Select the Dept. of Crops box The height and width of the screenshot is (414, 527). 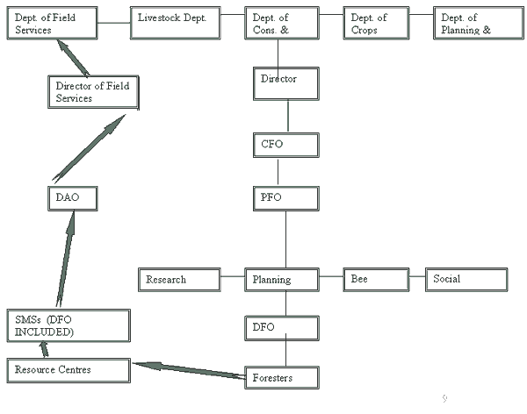point(376,24)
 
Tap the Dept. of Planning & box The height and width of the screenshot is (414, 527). point(471,24)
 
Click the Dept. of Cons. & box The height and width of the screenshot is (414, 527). point(280,24)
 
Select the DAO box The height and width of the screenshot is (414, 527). point(70,199)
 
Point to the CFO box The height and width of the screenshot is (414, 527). point(281,144)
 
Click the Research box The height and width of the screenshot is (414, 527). point(179,280)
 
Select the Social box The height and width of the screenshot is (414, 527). point(466,280)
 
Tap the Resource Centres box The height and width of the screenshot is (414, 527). point(68,370)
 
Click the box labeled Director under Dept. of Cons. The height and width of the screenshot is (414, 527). point(281,83)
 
